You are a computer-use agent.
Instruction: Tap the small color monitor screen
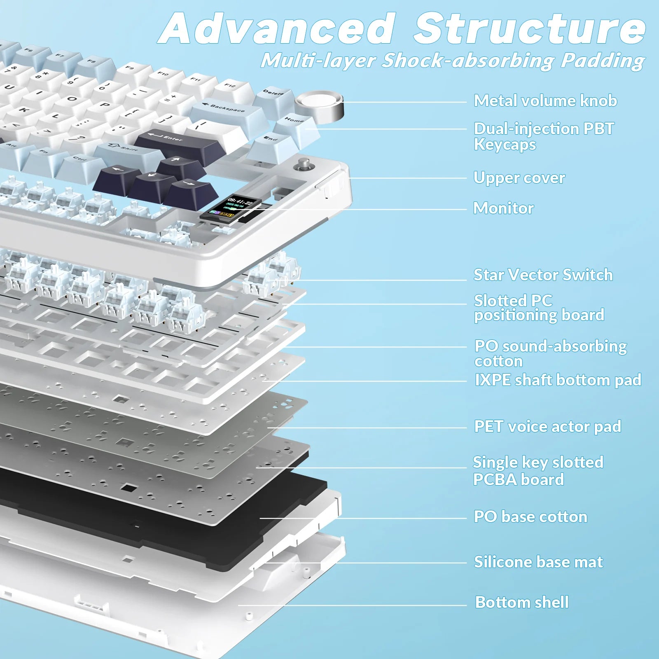coord(231,207)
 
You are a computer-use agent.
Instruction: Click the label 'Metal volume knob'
coord(545,101)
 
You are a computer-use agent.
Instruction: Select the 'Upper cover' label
coord(519,178)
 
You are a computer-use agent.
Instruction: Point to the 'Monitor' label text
coord(503,208)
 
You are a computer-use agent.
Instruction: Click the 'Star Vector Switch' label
coord(543,275)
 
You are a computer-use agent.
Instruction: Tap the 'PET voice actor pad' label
coord(547,427)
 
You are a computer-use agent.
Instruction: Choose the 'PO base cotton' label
coord(530,517)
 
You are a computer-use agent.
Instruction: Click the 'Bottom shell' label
coord(522,603)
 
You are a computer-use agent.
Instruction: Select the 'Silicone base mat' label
coord(538,562)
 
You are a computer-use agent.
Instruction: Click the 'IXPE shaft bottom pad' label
coord(558,380)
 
